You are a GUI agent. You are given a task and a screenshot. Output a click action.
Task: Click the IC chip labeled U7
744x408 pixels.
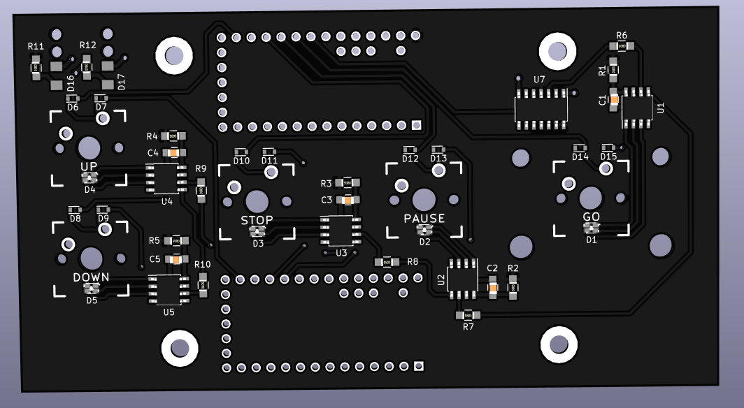point(541,109)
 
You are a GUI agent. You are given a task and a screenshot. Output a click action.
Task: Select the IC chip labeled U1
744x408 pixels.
point(637,107)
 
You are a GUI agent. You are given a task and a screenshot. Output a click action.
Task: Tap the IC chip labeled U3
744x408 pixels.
point(341,231)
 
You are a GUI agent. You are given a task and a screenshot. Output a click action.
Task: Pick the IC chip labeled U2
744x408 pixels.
point(462,279)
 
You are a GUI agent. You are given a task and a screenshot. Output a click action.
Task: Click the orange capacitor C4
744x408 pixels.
point(173,152)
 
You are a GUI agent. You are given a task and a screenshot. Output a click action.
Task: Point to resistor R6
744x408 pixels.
point(621,46)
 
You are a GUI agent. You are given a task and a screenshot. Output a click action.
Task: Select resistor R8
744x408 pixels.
point(386,262)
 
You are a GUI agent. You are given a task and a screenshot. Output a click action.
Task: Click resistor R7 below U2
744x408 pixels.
point(468,315)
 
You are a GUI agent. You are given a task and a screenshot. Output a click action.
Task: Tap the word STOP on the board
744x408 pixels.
point(257,220)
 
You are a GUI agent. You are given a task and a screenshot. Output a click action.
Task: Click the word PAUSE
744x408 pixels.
point(424,219)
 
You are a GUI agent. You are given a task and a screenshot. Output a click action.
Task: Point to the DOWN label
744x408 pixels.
point(92,277)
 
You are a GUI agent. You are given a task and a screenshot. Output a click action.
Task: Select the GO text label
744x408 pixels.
point(592,217)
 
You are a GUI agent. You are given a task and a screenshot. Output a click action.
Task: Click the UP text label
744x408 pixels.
point(89,166)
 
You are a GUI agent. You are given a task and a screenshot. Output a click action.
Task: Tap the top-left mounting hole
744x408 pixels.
point(173,55)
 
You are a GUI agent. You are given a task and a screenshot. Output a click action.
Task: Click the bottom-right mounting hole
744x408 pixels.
point(559,344)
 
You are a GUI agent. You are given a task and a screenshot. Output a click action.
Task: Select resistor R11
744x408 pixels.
point(36,68)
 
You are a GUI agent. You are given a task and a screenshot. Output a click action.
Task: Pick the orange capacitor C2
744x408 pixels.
point(493,286)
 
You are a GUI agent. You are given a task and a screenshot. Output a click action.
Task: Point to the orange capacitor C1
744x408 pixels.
point(614,100)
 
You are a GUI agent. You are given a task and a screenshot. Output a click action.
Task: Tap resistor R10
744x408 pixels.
point(203,284)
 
